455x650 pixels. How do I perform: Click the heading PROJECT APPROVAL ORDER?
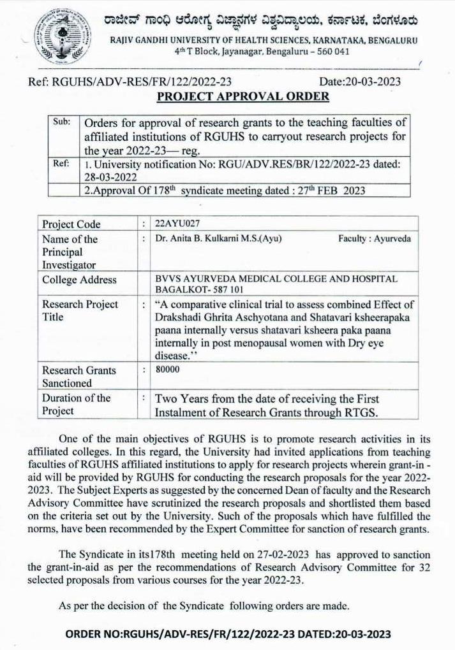243,96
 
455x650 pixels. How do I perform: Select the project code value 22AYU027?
173,224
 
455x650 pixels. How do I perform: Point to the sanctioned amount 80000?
168,369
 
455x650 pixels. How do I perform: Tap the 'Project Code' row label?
71,224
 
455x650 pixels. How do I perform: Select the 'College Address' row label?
79,280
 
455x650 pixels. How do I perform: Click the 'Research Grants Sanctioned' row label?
79,376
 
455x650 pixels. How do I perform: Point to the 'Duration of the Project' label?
76,404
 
